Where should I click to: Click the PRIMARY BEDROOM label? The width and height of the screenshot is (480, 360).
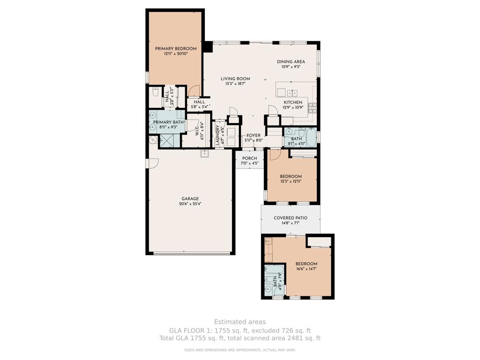[x=176, y=49]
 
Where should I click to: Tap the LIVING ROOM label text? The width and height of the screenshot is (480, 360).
[x=235, y=79]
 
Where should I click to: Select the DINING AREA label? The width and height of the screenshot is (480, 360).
[x=291, y=62]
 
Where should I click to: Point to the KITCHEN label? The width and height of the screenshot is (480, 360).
[x=293, y=102]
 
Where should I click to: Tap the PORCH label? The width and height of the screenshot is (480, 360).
[x=249, y=158]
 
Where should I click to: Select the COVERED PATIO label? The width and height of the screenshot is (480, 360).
[x=291, y=218]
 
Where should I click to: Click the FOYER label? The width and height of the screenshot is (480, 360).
[x=254, y=135]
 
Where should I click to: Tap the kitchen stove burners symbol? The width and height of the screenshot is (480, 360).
[x=312, y=108]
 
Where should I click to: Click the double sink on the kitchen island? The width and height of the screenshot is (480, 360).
[x=293, y=92]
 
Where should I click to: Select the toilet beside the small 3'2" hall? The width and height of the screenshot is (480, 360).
[x=156, y=92]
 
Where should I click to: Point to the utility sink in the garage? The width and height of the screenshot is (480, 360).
[x=205, y=154]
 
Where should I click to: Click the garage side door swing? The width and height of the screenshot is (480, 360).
[x=153, y=163]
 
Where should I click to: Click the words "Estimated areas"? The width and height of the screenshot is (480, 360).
[x=240, y=322]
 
